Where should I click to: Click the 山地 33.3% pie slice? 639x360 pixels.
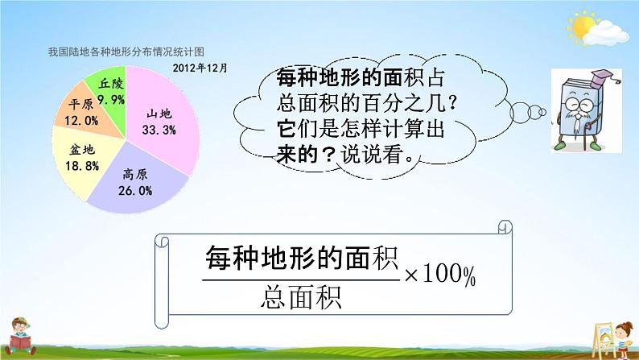[x=156, y=113]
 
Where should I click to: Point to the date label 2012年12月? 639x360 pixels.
[x=200, y=68]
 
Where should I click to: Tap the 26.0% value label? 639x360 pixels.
[x=136, y=190]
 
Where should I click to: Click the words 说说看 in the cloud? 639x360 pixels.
[x=387, y=153]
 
